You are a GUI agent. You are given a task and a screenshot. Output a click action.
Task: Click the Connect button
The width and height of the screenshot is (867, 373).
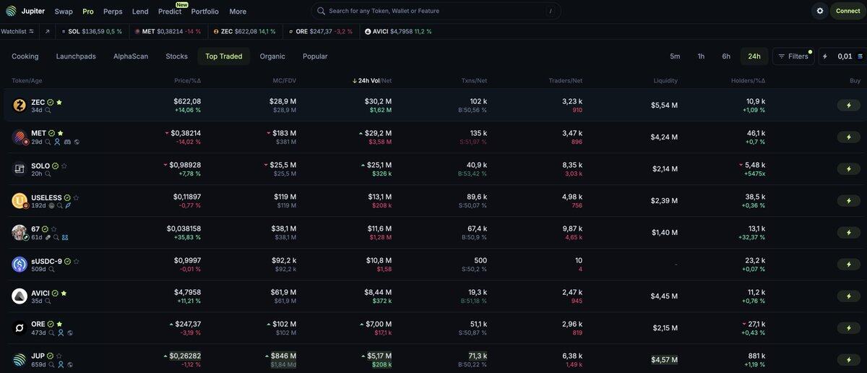point(847,11)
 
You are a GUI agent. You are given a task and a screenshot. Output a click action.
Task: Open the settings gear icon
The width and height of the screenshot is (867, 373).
point(819,11)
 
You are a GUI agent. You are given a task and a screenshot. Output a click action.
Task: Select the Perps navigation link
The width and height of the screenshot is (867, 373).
point(113,12)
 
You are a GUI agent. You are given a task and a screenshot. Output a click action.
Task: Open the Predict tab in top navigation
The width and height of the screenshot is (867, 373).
point(170,12)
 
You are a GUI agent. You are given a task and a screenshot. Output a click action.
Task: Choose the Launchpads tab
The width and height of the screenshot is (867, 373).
point(76,56)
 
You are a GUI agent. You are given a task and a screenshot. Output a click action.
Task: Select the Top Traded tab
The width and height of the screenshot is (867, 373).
point(223,56)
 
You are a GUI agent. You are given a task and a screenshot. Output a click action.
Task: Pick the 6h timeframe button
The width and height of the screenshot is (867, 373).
point(726,56)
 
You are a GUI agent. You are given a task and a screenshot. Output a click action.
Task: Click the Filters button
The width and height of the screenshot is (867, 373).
point(793,56)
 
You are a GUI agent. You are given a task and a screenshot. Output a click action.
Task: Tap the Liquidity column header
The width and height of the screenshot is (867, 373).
point(665,80)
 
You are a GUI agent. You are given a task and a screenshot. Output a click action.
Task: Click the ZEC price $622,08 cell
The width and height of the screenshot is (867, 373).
point(187,101)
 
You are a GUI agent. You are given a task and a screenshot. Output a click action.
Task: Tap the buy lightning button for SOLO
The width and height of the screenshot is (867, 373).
point(848,168)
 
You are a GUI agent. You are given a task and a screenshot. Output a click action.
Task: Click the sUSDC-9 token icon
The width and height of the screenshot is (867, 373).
point(20,265)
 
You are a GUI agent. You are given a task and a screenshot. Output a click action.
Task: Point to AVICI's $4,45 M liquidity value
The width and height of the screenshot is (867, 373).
point(664,296)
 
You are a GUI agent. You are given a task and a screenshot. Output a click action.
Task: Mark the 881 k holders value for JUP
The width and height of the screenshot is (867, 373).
point(756,356)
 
